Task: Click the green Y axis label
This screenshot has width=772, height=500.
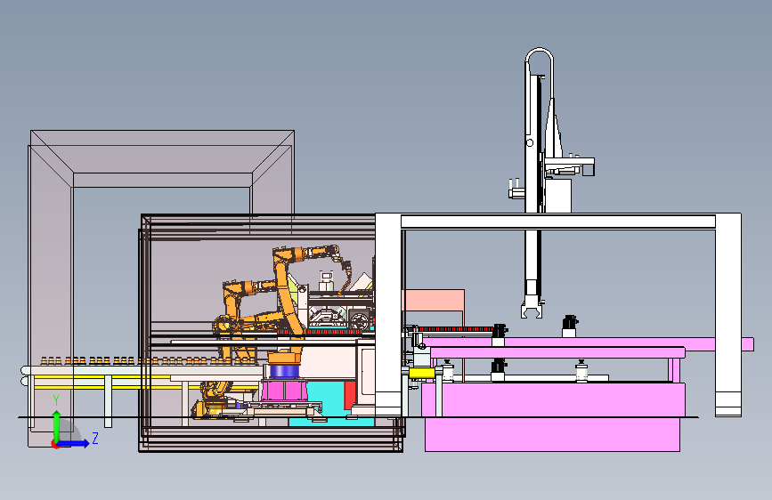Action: click(x=56, y=400)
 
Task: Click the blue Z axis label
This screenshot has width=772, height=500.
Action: click(x=95, y=438)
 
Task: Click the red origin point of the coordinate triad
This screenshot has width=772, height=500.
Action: click(x=55, y=444)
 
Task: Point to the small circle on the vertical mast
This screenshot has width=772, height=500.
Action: click(x=530, y=143)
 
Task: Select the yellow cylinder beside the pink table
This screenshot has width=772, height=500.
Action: click(x=422, y=374)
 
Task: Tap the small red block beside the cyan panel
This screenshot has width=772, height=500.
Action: click(x=350, y=396)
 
